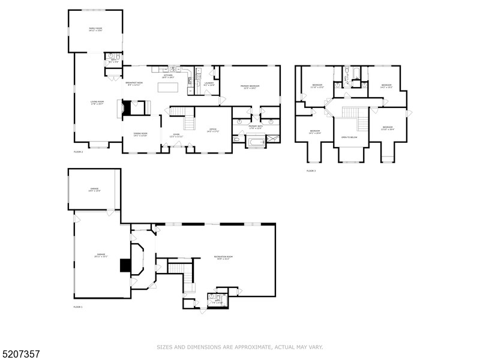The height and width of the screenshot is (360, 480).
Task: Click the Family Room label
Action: tap(95, 29)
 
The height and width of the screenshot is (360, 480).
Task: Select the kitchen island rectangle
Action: tap(170, 87)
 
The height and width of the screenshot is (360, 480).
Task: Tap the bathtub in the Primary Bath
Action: tap(256, 142)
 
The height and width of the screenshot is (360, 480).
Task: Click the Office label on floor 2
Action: tap(212, 130)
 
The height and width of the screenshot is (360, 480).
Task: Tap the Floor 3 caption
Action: tap(311, 171)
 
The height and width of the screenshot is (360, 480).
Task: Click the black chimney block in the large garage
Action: tap(125, 265)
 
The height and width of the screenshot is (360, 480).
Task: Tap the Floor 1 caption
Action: tap(78, 307)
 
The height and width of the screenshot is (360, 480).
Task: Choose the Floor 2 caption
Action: tap(78, 152)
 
